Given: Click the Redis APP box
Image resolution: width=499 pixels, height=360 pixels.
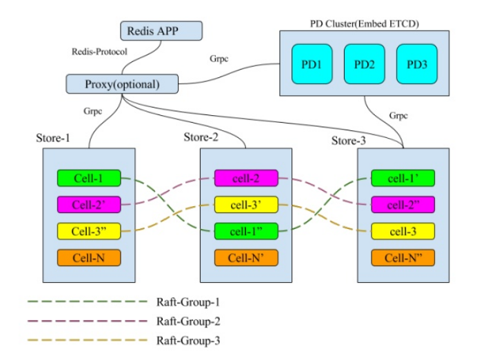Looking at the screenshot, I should pos(162,31).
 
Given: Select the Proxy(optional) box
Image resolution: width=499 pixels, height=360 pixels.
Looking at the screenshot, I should pos(121,84).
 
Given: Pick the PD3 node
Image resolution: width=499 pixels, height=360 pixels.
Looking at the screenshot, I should pos(416,65).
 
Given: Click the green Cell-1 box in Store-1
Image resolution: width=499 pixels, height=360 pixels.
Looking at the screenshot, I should pos(89,179).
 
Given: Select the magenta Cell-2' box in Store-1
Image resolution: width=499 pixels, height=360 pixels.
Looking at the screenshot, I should pos(89,205).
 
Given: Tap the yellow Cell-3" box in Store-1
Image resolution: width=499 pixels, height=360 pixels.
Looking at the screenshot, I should pos(89,231).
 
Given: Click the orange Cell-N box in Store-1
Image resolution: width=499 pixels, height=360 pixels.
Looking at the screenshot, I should pos(89,258).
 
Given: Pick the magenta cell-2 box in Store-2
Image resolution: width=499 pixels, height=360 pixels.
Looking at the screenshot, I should pos(245,179).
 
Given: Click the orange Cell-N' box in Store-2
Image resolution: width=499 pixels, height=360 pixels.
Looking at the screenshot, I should pos(245,258).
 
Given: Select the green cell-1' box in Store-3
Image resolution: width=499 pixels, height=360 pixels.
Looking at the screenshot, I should pos(403,179).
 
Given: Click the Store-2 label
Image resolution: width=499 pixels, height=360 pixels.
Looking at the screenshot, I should pos(201,137).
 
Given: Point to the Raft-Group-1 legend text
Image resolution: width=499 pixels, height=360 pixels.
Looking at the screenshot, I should pos(187,302).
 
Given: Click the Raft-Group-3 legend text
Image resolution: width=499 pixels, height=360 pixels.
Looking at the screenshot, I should pos(187,341).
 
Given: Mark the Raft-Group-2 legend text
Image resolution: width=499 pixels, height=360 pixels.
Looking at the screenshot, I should pos(187,321).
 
